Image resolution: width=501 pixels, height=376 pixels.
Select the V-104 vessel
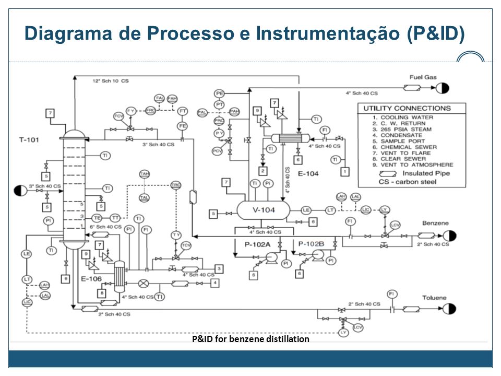(263, 210)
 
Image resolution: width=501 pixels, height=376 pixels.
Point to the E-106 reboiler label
(91, 278)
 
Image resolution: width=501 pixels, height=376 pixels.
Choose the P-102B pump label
(312, 243)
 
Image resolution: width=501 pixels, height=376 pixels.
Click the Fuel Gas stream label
(423, 77)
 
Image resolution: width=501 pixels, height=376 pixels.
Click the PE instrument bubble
(220, 93)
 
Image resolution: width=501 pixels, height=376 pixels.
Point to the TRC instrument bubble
(176, 185)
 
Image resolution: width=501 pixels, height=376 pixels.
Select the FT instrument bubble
(183, 111)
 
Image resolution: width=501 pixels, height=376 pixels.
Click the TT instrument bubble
(115, 217)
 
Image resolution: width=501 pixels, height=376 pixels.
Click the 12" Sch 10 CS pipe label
(111, 81)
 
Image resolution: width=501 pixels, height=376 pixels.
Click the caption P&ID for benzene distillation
(250, 339)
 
